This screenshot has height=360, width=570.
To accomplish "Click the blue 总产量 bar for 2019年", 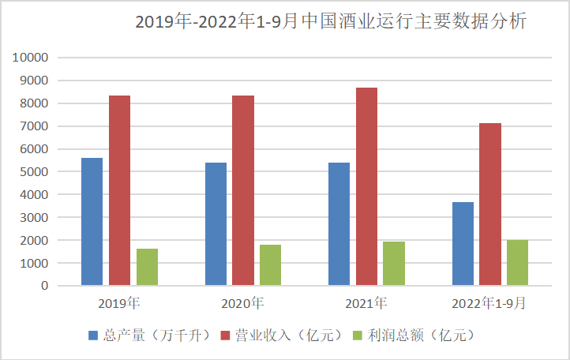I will (x=92, y=221).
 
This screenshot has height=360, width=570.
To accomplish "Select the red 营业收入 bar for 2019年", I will (x=119, y=189).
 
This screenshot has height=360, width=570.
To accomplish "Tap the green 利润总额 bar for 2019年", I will (x=147, y=267).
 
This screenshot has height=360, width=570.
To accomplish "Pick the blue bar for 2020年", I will (x=216, y=223).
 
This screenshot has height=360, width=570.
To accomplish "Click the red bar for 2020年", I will (x=243, y=189).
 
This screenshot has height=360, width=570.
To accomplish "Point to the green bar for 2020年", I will (x=271, y=264).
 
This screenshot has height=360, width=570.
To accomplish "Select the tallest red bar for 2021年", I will (x=366, y=186).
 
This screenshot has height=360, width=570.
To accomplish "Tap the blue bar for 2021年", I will (x=339, y=223).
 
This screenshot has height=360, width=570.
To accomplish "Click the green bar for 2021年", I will (x=394, y=263).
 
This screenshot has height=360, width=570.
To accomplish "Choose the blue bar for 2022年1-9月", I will (x=463, y=243).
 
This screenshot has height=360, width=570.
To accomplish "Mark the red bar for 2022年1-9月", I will (x=490, y=204).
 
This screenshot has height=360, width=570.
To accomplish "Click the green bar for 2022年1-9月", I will (x=517, y=262).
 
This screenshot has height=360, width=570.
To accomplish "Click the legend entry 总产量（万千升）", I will (x=149, y=336).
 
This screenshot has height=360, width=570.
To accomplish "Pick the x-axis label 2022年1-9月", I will (x=489, y=302).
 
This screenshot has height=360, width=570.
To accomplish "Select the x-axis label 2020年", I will (x=242, y=302).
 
